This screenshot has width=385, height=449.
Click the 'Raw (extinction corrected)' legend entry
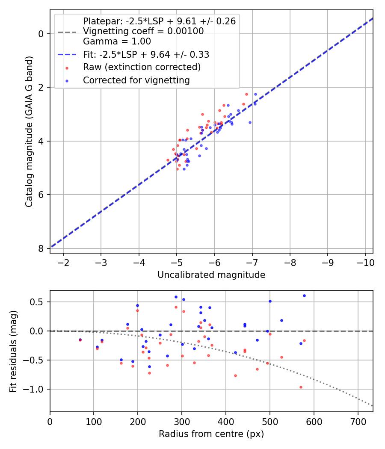tap(142, 67)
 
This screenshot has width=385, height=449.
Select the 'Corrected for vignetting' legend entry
tap(136, 80)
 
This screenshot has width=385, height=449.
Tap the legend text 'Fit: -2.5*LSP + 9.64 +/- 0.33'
tap(146, 54)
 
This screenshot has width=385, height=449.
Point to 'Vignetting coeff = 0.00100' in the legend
tap(143, 31)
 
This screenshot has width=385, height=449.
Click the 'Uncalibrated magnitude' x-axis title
tap(211, 275)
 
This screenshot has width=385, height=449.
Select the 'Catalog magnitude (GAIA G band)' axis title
tap(29, 131)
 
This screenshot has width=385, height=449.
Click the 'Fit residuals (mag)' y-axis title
tap(13, 352)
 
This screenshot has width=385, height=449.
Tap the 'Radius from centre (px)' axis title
tap(211, 434)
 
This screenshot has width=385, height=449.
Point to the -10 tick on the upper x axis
tap(365, 262)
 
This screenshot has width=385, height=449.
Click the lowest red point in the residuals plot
tap(301, 387)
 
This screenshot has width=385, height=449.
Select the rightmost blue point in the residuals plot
tap(304, 295)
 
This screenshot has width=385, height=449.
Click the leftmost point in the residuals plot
tap(80, 340)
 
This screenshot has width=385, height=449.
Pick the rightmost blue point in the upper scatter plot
tap(255, 94)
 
